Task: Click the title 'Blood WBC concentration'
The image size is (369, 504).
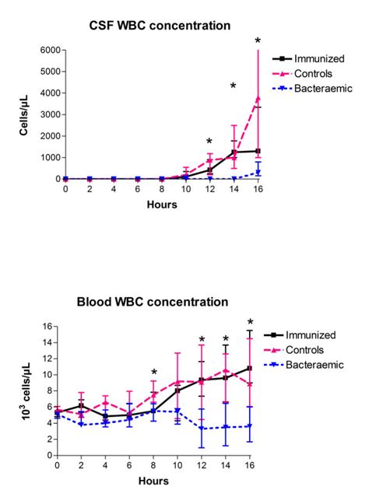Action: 158,300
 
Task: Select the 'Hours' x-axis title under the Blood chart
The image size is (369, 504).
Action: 153,483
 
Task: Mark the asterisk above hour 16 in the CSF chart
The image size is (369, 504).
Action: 258,40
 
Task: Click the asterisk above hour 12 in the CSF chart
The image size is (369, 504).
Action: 209,142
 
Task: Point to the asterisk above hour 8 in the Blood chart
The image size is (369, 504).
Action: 154,373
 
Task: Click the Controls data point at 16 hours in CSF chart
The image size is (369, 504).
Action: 258,98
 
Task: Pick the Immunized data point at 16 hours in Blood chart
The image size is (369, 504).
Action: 249,368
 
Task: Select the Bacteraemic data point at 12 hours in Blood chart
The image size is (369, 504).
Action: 202,429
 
